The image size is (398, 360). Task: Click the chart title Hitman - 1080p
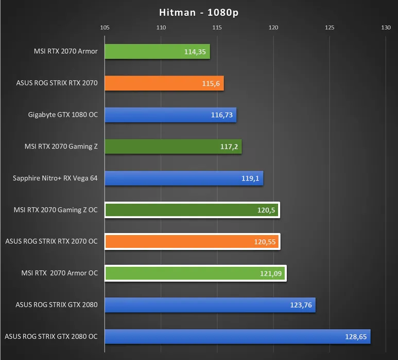pos(199,13)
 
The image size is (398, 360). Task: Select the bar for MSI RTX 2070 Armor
pos(157,51)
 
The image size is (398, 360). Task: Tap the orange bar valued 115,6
pos(164,83)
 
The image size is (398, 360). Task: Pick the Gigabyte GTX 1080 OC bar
pos(170,115)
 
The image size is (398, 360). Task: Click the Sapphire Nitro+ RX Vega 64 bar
pos(184,178)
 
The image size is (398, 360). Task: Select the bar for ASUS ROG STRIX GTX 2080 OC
pos(237,337)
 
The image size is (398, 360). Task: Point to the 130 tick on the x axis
pos(386,27)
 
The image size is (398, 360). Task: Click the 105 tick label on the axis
pos(105,27)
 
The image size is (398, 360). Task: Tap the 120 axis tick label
pos(273,27)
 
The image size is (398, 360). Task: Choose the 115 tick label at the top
pos(217,27)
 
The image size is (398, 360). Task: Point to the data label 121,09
pos(271,274)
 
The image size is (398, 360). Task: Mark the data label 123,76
pos(301,305)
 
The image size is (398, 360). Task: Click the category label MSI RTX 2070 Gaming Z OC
pos(56,210)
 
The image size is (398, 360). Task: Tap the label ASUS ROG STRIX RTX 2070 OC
pos(51,242)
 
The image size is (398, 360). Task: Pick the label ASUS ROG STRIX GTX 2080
pos(57,305)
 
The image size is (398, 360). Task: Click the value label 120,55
pos(265,242)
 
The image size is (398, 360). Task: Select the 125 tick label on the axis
pos(330,27)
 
